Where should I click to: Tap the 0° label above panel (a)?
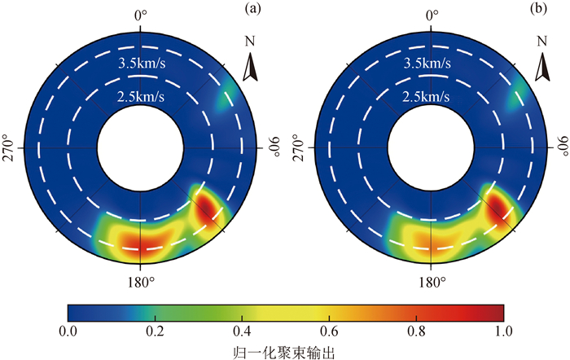pos(141,14)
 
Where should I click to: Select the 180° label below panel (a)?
pos(141,283)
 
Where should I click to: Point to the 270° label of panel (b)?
pos(301,149)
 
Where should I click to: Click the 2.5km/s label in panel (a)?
pos(141,96)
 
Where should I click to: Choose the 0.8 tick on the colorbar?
pos(416,331)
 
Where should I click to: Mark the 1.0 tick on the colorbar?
pos(503,331)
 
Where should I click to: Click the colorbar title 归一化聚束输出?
pos(285,351)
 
